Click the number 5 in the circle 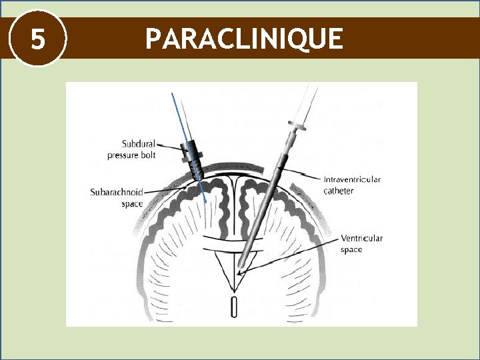pos(38,39)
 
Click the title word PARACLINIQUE pos(244,39)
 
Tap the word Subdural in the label pos(139,144)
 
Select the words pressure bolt pos(134,155)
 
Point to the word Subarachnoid pos(117,193)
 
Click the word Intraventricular pos(353,179)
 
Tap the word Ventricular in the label pos(361,238)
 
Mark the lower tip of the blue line pos(206,201)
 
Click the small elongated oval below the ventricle pos(234,307)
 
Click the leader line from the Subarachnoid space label pos(165,191)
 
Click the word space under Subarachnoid pos(132,204)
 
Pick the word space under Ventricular pos(351,249)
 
